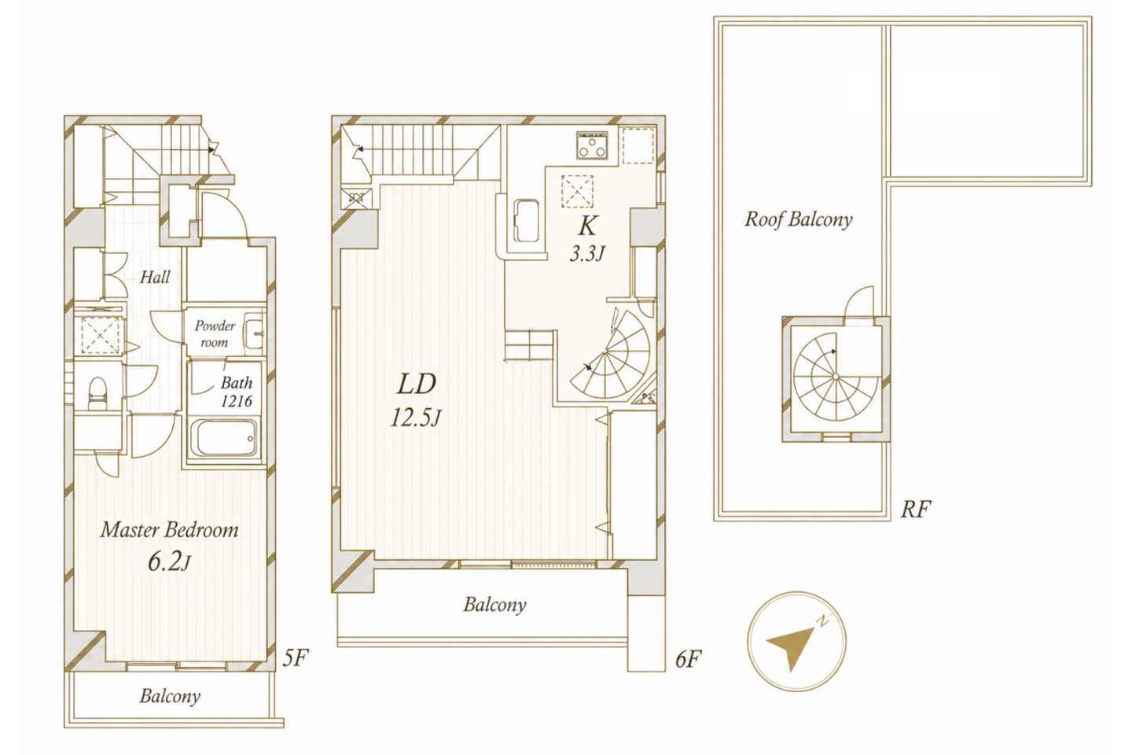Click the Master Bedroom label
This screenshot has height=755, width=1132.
[169, 530]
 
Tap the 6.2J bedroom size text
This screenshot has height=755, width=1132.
[169, 562]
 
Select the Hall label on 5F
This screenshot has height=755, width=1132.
[155, 277]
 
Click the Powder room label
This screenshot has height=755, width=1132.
[215, 333]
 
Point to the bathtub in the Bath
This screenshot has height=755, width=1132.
[226, 438]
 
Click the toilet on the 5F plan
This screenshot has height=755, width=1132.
[97, 393]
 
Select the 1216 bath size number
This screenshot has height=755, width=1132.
[236, 402]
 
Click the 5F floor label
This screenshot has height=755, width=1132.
[295, 657]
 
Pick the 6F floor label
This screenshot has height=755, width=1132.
[689, 659]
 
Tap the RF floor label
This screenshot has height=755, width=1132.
[915, 510]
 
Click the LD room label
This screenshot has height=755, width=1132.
[417, 385]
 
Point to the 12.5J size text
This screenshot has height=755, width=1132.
[416, 418]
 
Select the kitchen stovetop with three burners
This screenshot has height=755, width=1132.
[592, 145]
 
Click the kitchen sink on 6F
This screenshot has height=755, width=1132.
[526, 221]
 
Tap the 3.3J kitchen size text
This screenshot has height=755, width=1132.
[587, 254]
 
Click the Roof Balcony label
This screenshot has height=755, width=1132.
[799, 219]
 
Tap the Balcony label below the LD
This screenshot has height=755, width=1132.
[494, 605]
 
